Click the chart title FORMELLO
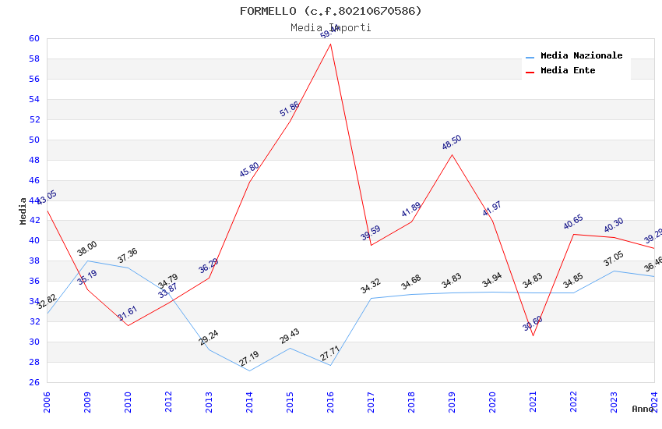pos(330,11)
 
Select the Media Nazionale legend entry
pos(580,56)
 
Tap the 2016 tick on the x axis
pos(330,399)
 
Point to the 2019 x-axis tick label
pos(452,399)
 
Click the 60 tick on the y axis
pos(33,38)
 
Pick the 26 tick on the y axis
pos(33,382)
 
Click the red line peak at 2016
pos(330,44)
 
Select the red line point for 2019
pos(452,154)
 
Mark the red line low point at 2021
pos(533,335)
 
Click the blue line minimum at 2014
pos(249,370)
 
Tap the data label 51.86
pos(289,109)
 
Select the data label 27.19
pos(249,359)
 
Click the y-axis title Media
pos(23,211)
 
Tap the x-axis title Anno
pos(643,409)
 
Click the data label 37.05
pos(614,259)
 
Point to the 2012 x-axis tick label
pos(168,399)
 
